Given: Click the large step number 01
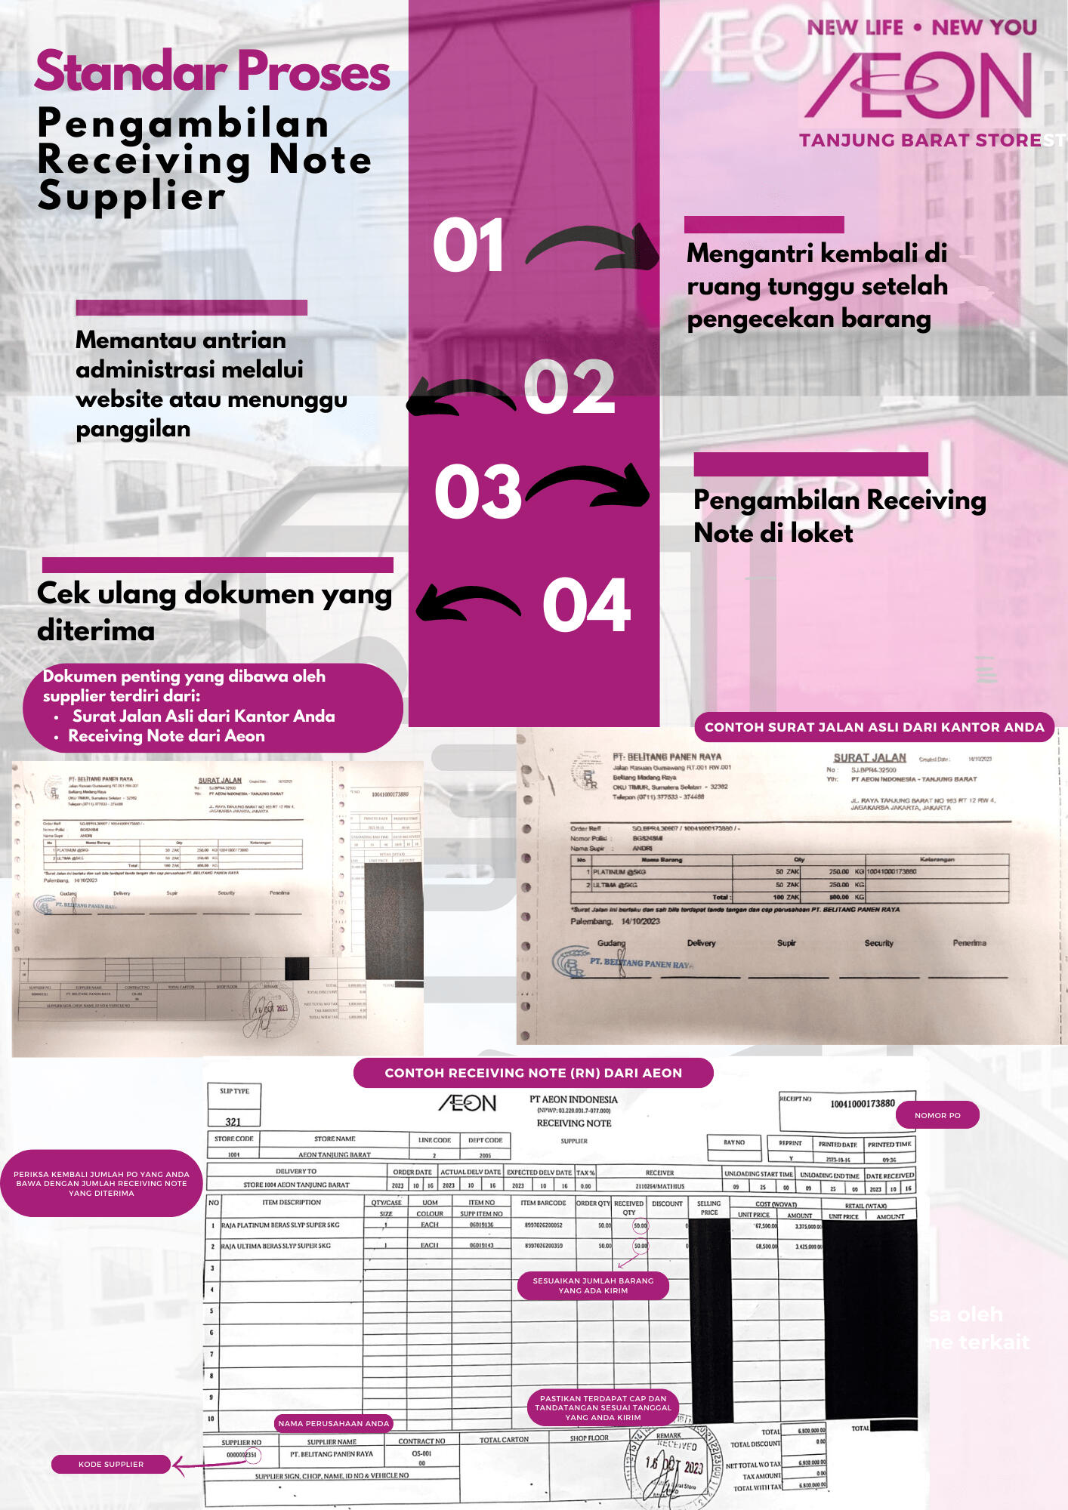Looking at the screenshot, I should tap(468, 245).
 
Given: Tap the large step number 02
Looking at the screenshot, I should tap(569, 387).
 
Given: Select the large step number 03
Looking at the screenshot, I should tap(477, 492).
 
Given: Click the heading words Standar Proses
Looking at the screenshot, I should tap(212, 72).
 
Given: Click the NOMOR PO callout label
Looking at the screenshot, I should tap(937, 1115).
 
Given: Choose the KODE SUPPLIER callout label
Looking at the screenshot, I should tap(111, 1464).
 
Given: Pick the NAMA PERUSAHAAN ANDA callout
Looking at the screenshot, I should tap(333, 1423).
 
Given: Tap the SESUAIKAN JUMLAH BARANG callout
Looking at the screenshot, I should tap(593, 1285).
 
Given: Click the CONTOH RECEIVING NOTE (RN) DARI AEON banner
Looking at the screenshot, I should tap(533, 1073).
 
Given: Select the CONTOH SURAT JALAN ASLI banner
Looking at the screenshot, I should tap(874, 727).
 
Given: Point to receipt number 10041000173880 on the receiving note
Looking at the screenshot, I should tap(863, 1104).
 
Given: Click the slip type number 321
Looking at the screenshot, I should tap(233, 1122).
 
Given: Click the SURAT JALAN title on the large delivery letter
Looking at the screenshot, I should tap(869, 757).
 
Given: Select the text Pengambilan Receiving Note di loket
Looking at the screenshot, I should tap(839, 516).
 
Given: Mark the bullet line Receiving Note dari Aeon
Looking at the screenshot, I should tap(166, 736).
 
